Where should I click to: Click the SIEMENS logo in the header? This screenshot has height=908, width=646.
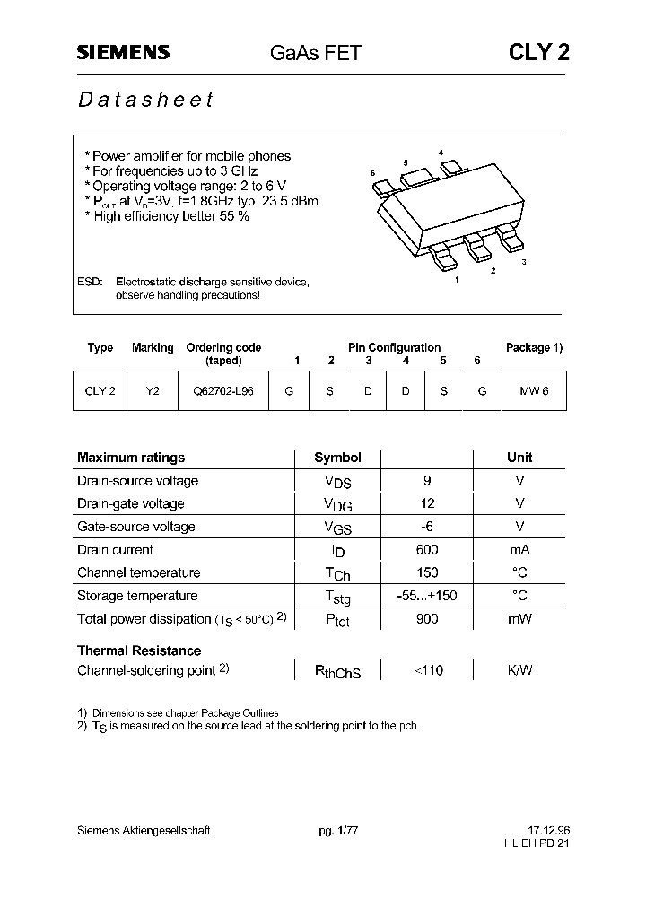(x=122, y=53)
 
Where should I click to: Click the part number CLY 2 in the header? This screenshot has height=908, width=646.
(x=538, y=53)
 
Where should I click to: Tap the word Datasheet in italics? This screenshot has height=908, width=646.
(x=145, y=100)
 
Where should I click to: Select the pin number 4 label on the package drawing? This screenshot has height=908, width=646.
(x=441, y=153)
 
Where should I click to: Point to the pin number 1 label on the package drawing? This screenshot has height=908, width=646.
(x=458, y=280)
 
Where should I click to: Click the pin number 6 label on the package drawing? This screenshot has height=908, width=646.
(x=372, y=172)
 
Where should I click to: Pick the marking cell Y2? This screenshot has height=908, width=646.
(x=153, y=391)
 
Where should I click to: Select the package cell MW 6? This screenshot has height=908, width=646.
(x=534, y=391)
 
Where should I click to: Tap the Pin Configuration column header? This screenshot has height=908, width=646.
(x=394, y=347)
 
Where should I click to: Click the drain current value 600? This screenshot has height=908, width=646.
(x=427, y=550)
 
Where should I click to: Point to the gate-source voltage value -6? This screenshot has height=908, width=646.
(x=427, y=527)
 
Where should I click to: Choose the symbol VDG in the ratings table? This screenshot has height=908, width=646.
(x=338, y=504)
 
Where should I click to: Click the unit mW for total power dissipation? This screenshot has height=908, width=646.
(x=519, y=619)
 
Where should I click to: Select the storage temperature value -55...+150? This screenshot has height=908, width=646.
(x=427, y=596)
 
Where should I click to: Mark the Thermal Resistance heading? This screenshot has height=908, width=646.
(x=139, y=650)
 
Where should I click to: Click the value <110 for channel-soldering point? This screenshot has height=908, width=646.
(x=428, y=670)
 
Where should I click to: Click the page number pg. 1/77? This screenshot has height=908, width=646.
(x=338, y=831)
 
